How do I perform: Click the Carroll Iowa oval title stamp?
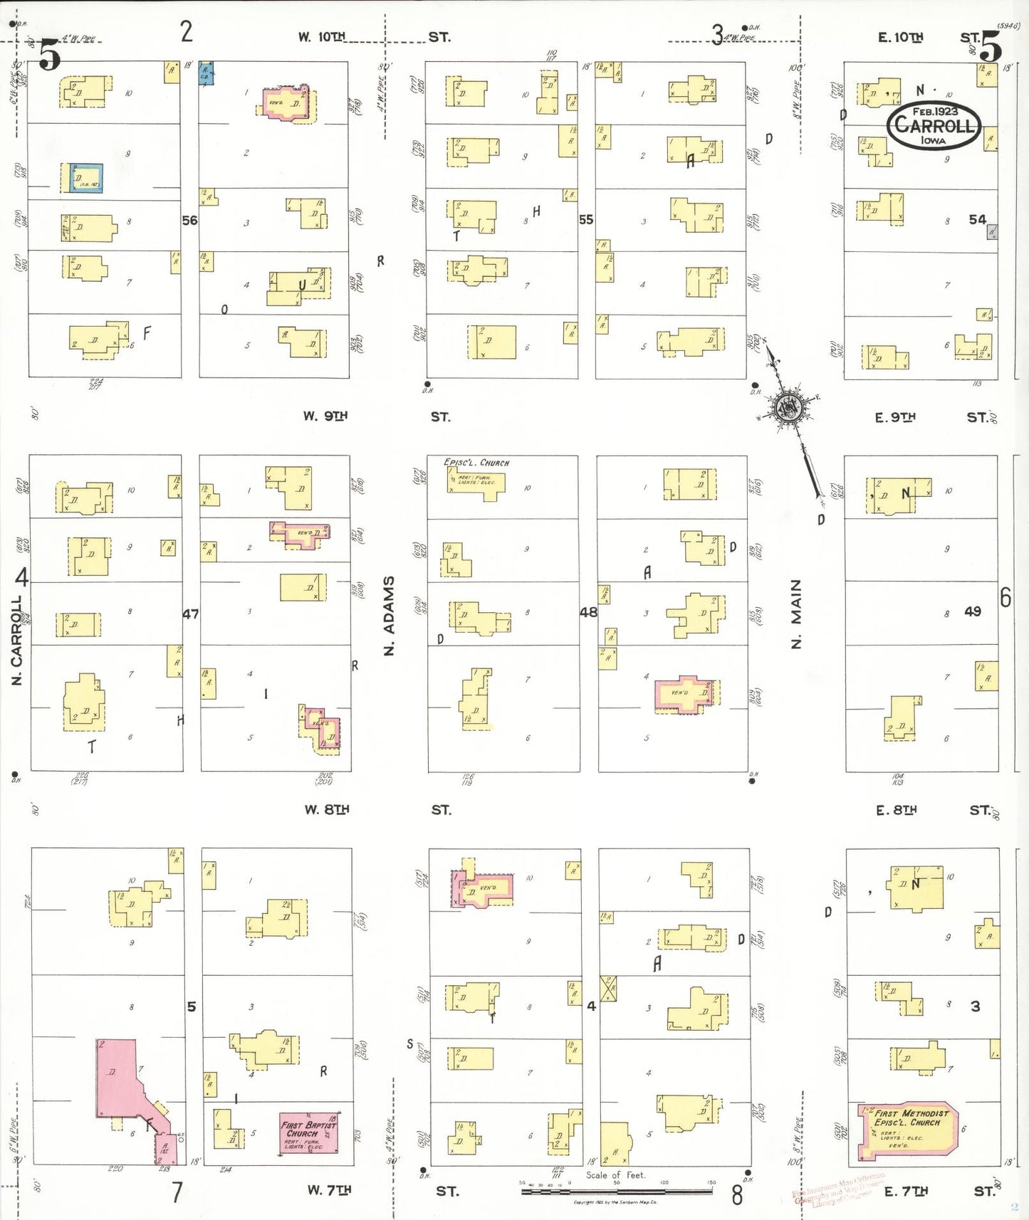tap(934, 126)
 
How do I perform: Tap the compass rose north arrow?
tap(789, 409)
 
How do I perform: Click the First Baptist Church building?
tap(308, 1133)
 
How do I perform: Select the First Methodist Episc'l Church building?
tap(909, 1130)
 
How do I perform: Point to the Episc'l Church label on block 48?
tap(476, 463)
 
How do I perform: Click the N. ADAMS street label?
tap(389, 616)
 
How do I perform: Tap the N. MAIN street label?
tap(796, 614)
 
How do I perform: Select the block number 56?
tap(189, 221)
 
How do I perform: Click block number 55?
tap(586, 220)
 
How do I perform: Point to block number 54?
tap(977, 220)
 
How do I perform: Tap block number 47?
tap(190, 614)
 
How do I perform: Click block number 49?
tap(973, 611)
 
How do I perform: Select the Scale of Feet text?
tap(615, 1175)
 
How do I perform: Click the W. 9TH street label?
tap(325, 416)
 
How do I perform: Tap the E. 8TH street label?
tap(896, 809)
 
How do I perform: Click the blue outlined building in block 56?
tap(86, 178)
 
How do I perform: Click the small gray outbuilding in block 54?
tap(991, 231)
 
